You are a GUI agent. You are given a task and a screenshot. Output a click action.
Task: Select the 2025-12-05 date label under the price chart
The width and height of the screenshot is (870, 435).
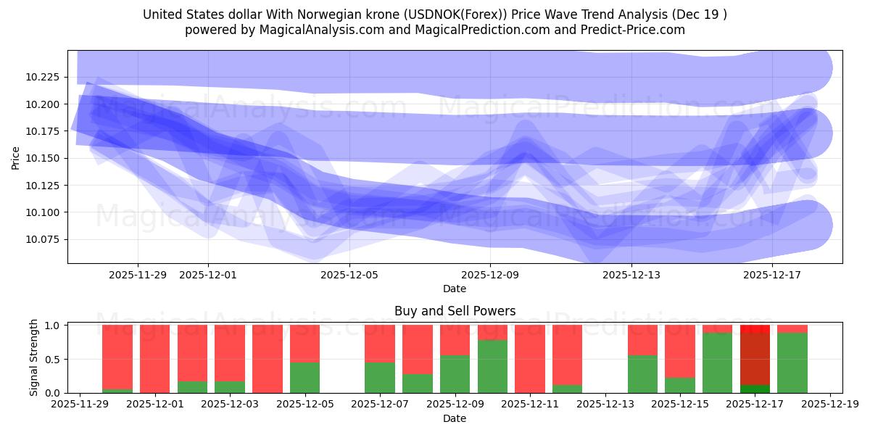pyautogui.click(x=349, y=275)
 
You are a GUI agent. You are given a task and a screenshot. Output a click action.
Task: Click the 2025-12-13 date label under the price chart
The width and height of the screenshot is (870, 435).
pyautogui.click(x=631, y=275)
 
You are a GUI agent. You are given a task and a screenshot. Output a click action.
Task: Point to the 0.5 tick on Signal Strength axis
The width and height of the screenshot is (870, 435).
pyautogui.click(x=54, y=360)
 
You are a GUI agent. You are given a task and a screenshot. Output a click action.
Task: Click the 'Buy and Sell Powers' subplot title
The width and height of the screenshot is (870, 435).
pyautogui.click(x=455, y=311)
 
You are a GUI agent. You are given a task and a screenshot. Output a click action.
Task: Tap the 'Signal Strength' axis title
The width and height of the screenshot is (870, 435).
pyautogui.click(x=34, y=357)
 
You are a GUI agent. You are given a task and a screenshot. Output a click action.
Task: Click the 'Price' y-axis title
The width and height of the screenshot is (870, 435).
pyautogui.click(x=16, y=157)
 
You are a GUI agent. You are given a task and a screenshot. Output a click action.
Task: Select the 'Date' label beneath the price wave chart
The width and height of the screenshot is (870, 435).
pyautogui.click(x=455, y=289)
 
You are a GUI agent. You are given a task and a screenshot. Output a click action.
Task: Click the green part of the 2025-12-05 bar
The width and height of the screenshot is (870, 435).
pyautogui.click(x=305, y=377)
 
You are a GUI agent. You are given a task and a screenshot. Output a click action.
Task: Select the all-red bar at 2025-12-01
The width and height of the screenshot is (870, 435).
pyautogui.click(x=155, y=359)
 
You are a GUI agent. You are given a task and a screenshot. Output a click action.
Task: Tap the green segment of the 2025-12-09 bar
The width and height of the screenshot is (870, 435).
pyautogui.click(x=455, y=373)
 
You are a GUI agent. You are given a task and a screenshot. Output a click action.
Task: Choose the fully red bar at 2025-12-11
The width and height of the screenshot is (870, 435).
pyautogui.click(x=530, y=359)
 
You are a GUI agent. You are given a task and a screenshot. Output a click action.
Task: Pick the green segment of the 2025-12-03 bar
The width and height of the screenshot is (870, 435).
pyautogui.click(x=230, y=386)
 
